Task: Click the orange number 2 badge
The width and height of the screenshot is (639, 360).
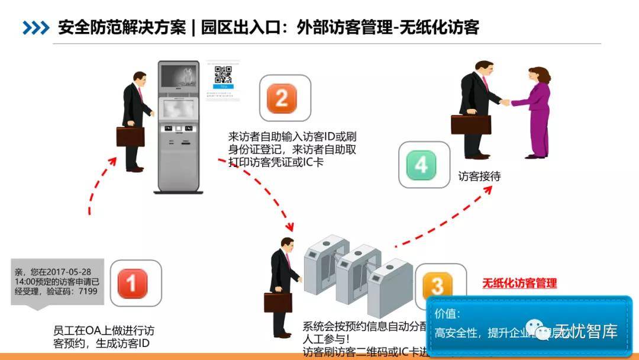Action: point(282,98)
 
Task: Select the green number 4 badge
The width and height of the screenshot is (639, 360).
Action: point(421,165)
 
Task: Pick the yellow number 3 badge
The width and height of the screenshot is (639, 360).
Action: point(437,285)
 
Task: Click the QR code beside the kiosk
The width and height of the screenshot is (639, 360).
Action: point(223,75)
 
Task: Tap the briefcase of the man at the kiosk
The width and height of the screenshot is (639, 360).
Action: point(130,137)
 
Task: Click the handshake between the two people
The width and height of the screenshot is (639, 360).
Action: point(504,102)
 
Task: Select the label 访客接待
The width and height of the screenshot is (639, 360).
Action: point(479,176)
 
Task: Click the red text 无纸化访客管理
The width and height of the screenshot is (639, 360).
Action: point(519,283)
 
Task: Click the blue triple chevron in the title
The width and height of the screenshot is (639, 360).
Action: point(35,27)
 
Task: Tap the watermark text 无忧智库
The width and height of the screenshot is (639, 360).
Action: point(588,331)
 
